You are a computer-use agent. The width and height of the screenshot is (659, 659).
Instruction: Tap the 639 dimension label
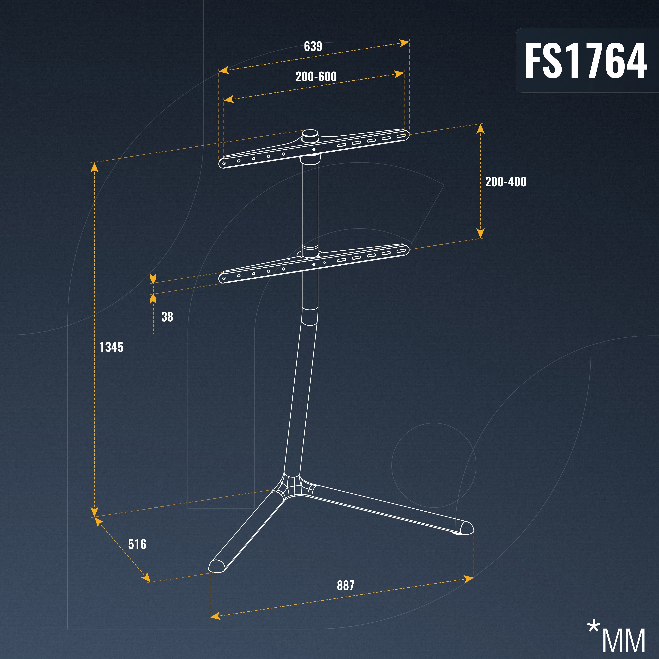[x=313, y=46]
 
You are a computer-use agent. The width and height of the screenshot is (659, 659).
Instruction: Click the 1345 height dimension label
[x=111, y=347]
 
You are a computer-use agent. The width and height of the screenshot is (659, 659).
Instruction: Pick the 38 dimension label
[x=167, y=317]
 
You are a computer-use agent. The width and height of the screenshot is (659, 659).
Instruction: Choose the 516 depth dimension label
[x=137, y=544]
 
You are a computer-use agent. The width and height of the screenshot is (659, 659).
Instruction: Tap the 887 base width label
[x=345, y=585]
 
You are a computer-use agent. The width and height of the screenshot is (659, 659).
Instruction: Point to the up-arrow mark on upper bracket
[x=314, y=149]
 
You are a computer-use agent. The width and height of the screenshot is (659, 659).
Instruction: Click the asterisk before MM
[x=594, y=627]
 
